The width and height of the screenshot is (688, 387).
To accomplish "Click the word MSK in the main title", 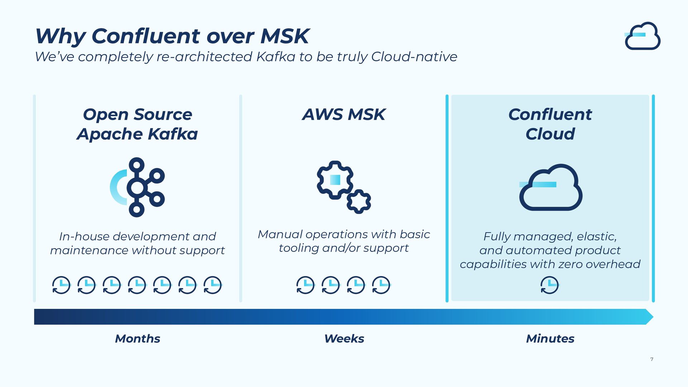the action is [285, 36].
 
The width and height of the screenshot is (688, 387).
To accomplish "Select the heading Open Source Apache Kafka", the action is [137, 124].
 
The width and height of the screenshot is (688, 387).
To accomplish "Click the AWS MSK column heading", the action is [344, 115].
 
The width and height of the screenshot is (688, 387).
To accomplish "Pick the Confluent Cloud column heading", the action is [550, 124].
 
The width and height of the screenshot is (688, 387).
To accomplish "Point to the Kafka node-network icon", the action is [137, 187].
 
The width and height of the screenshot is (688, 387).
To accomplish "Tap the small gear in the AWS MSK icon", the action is [359, 202].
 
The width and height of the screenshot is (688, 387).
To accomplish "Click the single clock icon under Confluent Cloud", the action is [549, 285].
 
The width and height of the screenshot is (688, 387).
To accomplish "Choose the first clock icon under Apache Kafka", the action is [61, 285].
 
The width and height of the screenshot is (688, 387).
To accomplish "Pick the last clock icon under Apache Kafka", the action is [213, 285].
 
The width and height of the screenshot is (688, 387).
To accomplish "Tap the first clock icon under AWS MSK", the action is [305, 285].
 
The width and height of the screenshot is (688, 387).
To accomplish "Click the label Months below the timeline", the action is [138, 339].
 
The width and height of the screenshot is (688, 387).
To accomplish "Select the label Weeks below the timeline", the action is [344, 339].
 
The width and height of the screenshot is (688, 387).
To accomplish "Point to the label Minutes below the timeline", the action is [550, 339].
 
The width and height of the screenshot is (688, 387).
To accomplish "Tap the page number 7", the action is [652, 359].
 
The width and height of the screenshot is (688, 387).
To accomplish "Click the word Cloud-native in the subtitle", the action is [414, 57].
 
